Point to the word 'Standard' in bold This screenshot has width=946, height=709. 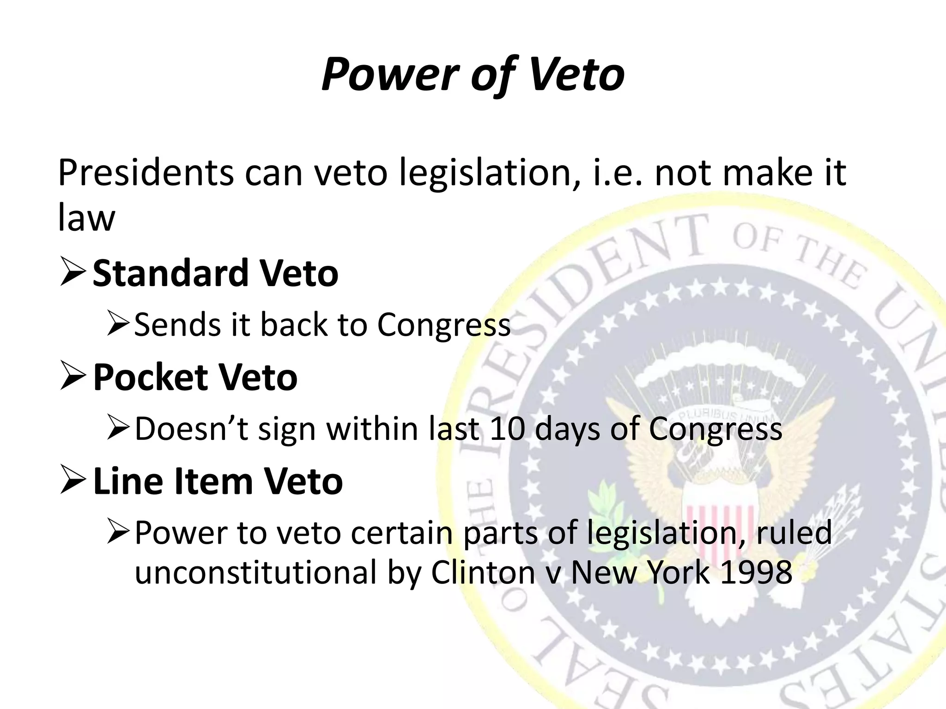[170, 273]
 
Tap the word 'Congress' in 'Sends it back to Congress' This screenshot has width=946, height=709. [443, 325]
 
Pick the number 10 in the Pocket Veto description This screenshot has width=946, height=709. [507, 429]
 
